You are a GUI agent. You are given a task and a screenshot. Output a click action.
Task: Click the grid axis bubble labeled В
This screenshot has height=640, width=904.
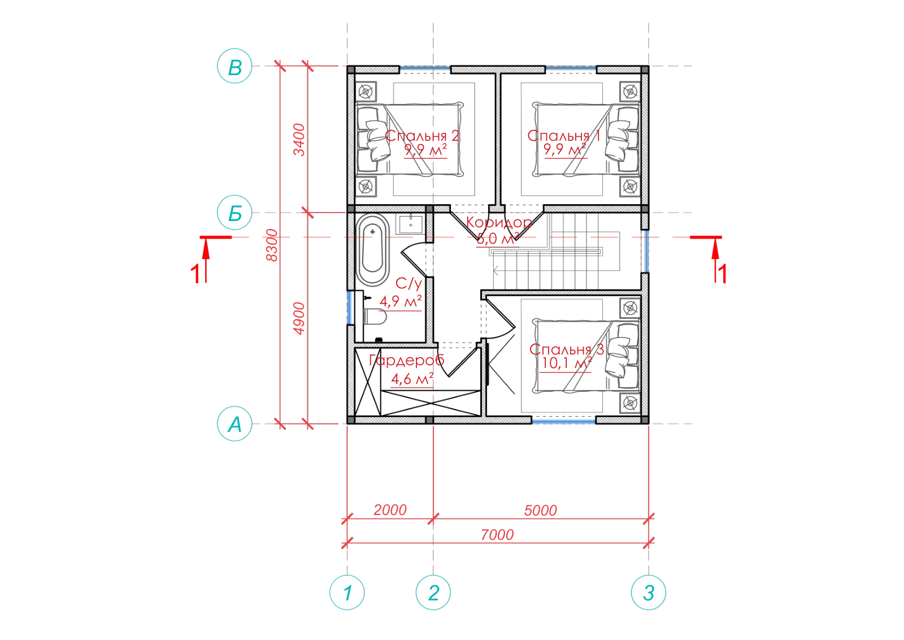[234, 66]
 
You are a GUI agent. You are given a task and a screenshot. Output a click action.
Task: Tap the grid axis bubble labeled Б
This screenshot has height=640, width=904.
[234, 213]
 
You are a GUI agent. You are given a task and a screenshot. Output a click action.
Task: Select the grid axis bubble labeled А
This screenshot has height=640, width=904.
[234, 423]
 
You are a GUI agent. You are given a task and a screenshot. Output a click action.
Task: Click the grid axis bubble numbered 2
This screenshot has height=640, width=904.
[433, 593]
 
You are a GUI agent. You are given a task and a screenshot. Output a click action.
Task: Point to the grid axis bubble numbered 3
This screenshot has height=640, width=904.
[649, 593]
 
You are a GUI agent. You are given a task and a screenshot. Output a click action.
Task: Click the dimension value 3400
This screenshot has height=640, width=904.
[299, 140]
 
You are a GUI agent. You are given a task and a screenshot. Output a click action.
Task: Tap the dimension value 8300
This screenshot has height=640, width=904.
[272, 245]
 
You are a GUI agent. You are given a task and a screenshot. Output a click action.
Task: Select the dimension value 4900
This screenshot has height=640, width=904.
[299, 318]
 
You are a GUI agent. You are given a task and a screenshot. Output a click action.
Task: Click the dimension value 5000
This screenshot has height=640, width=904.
[540, 511]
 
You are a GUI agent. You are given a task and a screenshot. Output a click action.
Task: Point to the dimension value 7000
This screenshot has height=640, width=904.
[497, 535]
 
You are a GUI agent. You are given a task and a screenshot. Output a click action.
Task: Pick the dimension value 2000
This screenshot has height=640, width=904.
[390, 510]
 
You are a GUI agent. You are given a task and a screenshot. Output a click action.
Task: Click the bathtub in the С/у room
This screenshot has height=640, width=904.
[372, 249]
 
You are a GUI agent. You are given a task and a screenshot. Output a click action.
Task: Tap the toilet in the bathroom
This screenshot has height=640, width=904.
[375, 317]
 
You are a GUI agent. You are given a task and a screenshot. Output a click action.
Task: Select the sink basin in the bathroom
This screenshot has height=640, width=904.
[410, 224]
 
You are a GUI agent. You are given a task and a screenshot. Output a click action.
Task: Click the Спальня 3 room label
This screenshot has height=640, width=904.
[567, 349]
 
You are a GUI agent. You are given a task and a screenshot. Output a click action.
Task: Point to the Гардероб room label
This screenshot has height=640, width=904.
[407, 361]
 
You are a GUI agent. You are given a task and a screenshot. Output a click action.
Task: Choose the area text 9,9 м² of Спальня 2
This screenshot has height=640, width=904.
[425, 150]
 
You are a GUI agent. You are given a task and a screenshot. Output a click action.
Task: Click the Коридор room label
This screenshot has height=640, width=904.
[499, 223]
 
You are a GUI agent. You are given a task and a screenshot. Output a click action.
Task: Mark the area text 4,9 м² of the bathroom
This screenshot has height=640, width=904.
[401, 301]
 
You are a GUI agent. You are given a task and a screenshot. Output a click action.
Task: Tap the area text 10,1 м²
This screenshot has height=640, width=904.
[566, 364]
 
